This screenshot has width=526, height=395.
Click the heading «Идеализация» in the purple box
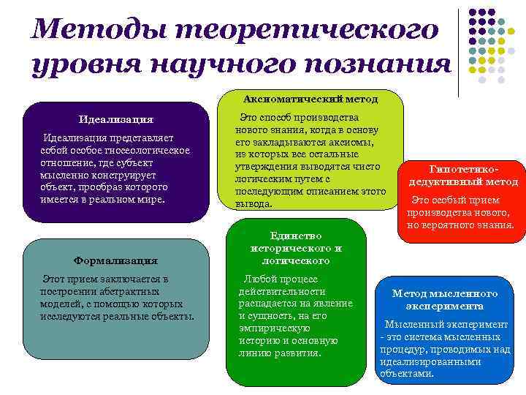tap(116, 119)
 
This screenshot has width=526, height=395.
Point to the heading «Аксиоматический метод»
tap(310, 97)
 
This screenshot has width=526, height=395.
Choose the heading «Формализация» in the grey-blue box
tap(116, 260)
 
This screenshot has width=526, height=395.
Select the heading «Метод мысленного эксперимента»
tap(444, 299)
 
